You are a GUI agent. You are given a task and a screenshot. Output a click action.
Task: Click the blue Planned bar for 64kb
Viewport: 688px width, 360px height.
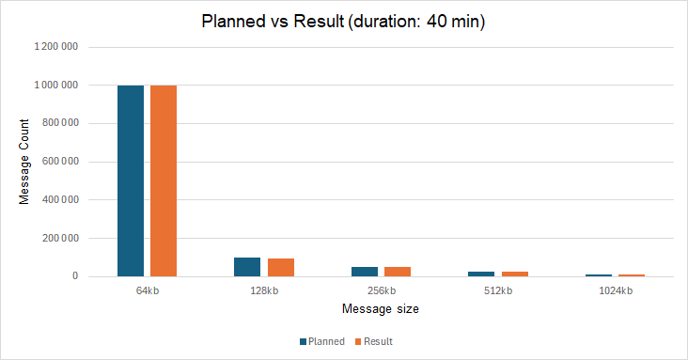131,180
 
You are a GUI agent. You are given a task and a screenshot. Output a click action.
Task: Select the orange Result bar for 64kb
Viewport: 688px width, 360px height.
164,180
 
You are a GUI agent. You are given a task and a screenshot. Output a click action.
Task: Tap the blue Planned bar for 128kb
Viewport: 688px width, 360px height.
247,267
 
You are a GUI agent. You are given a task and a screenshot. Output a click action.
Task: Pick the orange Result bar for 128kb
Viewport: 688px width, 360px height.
280,268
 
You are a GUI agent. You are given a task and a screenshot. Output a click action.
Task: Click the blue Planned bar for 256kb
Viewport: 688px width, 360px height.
364,272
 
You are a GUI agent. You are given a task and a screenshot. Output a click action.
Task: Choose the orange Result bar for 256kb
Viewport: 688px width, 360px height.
397,272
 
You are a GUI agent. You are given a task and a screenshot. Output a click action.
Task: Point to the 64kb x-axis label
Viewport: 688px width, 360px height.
148,290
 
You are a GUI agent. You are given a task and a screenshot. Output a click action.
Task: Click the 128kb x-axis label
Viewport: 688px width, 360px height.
264,290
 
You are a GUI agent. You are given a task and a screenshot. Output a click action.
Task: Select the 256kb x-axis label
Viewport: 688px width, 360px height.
381,290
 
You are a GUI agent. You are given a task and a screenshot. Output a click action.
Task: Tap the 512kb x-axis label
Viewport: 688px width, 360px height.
497,290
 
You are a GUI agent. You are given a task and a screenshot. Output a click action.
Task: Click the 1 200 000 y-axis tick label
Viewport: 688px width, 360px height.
56,46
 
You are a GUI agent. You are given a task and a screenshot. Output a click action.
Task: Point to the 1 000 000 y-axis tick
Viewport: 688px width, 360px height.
56,85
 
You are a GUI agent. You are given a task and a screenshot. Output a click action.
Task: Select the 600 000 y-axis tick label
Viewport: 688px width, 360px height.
60,162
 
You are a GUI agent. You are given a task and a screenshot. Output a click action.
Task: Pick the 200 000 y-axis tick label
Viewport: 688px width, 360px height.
60,239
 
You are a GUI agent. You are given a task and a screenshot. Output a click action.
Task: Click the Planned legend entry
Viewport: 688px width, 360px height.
322,341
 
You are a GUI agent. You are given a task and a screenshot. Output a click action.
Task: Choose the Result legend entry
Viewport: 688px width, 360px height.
374,341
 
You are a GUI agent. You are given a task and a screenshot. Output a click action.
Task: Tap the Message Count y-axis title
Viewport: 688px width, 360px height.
25,161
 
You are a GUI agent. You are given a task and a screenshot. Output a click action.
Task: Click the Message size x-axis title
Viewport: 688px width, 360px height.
380,308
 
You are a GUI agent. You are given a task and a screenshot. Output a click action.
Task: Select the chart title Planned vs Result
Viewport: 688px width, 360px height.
344,21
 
